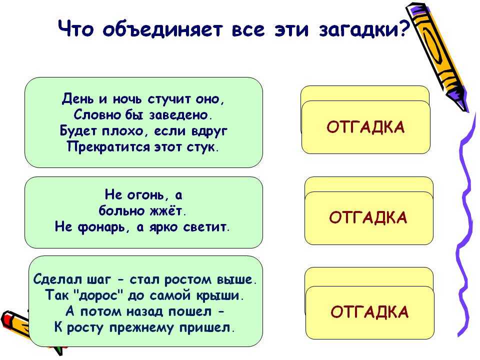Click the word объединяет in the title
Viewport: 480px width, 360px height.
162,29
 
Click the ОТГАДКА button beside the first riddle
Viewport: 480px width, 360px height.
366,127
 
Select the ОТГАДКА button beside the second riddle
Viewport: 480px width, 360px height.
369,217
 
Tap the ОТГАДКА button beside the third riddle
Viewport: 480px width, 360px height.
370,312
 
